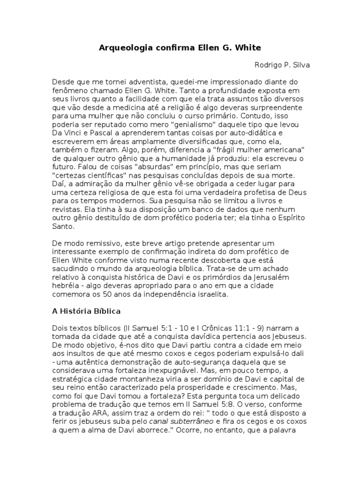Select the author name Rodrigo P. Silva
(x=281, y=65)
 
